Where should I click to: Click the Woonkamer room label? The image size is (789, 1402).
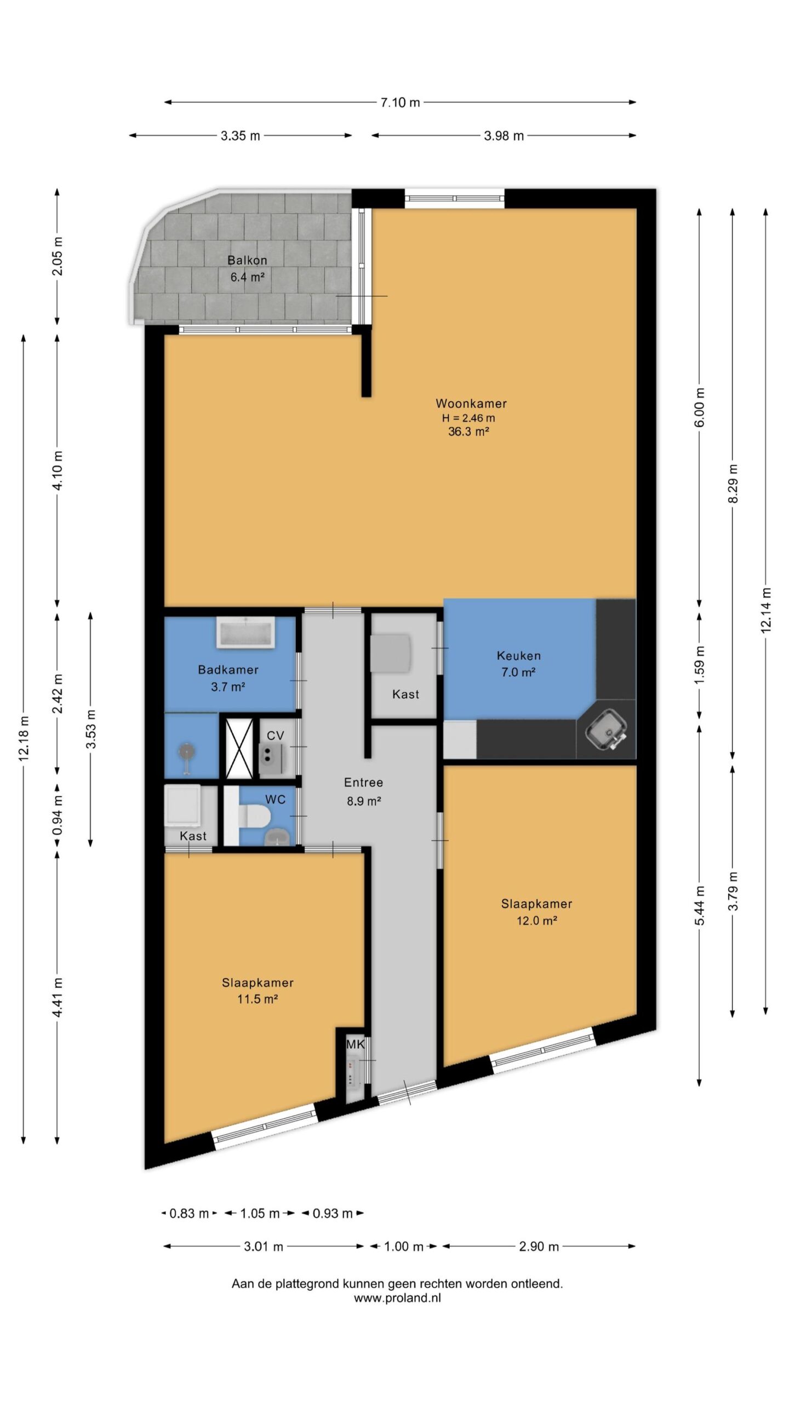[471, 404]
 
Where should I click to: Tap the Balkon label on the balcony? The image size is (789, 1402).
[247, 260]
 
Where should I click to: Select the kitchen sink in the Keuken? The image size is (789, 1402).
[606, 730]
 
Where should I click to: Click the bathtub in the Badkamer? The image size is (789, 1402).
[245, 633]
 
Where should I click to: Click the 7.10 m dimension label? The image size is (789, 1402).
[400, 102]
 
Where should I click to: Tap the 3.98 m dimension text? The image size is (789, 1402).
[504, 136]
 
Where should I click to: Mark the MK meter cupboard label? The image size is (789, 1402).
[355, 1044]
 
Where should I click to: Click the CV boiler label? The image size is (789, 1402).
[275, 736]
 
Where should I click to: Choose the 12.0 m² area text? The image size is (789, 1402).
[536, 921]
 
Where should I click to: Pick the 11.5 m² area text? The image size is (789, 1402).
[257, 999]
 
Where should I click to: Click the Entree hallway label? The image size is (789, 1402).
[363, 783]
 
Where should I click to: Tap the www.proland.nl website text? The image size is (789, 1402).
[397, 1298]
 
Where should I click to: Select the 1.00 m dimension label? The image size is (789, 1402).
[404, 1247]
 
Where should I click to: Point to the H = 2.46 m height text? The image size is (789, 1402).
[468, 418]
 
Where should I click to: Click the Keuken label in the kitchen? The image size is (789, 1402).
[518, 656]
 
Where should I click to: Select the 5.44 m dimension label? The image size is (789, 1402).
[700, 905]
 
